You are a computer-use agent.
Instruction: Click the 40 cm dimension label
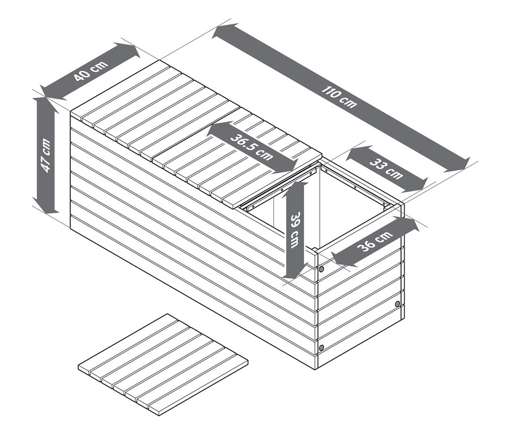tap(91, 70)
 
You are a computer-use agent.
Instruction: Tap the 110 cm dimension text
tap(339, 96)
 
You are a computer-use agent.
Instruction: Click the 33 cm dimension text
tap(386, 168)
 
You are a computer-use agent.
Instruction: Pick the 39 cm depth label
tap(295, 230)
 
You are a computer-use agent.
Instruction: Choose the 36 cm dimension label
tap(375, 241)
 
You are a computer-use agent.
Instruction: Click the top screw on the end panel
tap(321, 269)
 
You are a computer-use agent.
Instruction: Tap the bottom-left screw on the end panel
tap(321, 348)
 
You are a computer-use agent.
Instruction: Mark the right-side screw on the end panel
tap(397, 304)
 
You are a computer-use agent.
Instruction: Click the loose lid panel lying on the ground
tap(163, 365)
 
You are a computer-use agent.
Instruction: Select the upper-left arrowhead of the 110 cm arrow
tap(225, 31)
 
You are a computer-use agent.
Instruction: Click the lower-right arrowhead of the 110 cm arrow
tap(457, 166)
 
